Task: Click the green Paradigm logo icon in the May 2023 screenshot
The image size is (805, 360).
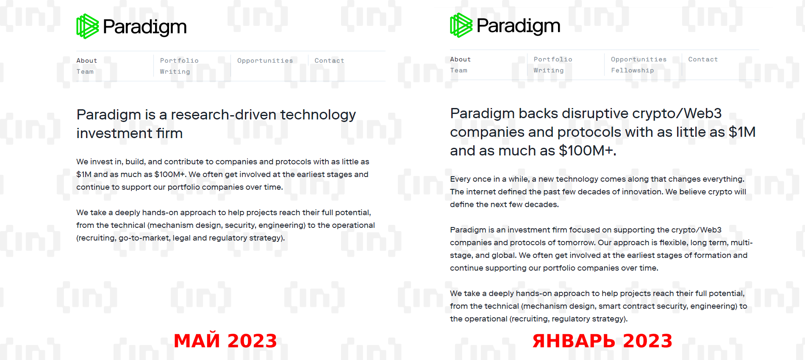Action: click(x=88, y=26)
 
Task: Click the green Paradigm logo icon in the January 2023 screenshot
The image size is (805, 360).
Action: click(x=461, y=25)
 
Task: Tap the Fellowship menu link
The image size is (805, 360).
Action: click(x=632, y=70)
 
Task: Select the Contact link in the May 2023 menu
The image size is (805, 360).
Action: click(x=329, y=61)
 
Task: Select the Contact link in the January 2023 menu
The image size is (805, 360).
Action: click(x=703, y=59)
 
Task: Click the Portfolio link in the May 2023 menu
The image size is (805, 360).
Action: click(x=179, y=61)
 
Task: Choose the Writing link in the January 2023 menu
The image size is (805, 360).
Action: click(x=549, y=70)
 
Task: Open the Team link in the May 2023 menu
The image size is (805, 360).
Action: click(x=85, y=72)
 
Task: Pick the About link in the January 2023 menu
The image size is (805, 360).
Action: click(x=461, y=59)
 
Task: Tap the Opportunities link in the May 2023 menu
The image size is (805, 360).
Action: click(x=265, y=61)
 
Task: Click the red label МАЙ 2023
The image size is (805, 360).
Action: click(x=225, y=341)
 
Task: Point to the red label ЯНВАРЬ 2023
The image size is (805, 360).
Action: click(x=602, y=341)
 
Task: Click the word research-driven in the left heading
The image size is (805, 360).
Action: click(x=224, y=114)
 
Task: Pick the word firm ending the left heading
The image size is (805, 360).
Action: click(x=169, y=133)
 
